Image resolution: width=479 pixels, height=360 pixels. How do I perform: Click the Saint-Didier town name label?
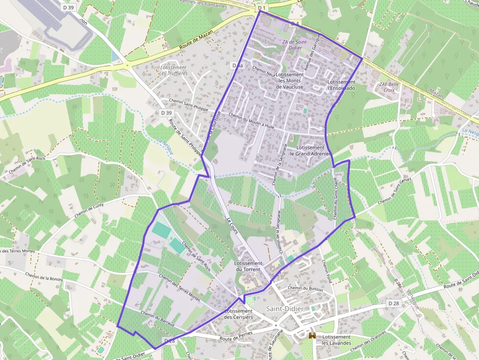pos(285,309)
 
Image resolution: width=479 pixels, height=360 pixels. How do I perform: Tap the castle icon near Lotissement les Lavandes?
pos(312,337)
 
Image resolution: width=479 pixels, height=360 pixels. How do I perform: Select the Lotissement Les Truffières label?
pos(174,70)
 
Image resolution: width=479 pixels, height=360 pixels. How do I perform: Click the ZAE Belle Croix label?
pos(389,87)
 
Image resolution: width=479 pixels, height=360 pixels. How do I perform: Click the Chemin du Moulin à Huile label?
pos(251,122)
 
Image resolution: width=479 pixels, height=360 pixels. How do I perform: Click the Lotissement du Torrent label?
pos(249,266)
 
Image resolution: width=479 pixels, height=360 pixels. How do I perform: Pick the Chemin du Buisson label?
pos(305,288)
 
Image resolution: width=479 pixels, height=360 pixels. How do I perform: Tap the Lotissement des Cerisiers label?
pos(239,314)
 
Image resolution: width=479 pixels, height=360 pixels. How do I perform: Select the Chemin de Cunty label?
pos(89,212)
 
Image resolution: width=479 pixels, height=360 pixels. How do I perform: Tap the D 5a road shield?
pos(238,65)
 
